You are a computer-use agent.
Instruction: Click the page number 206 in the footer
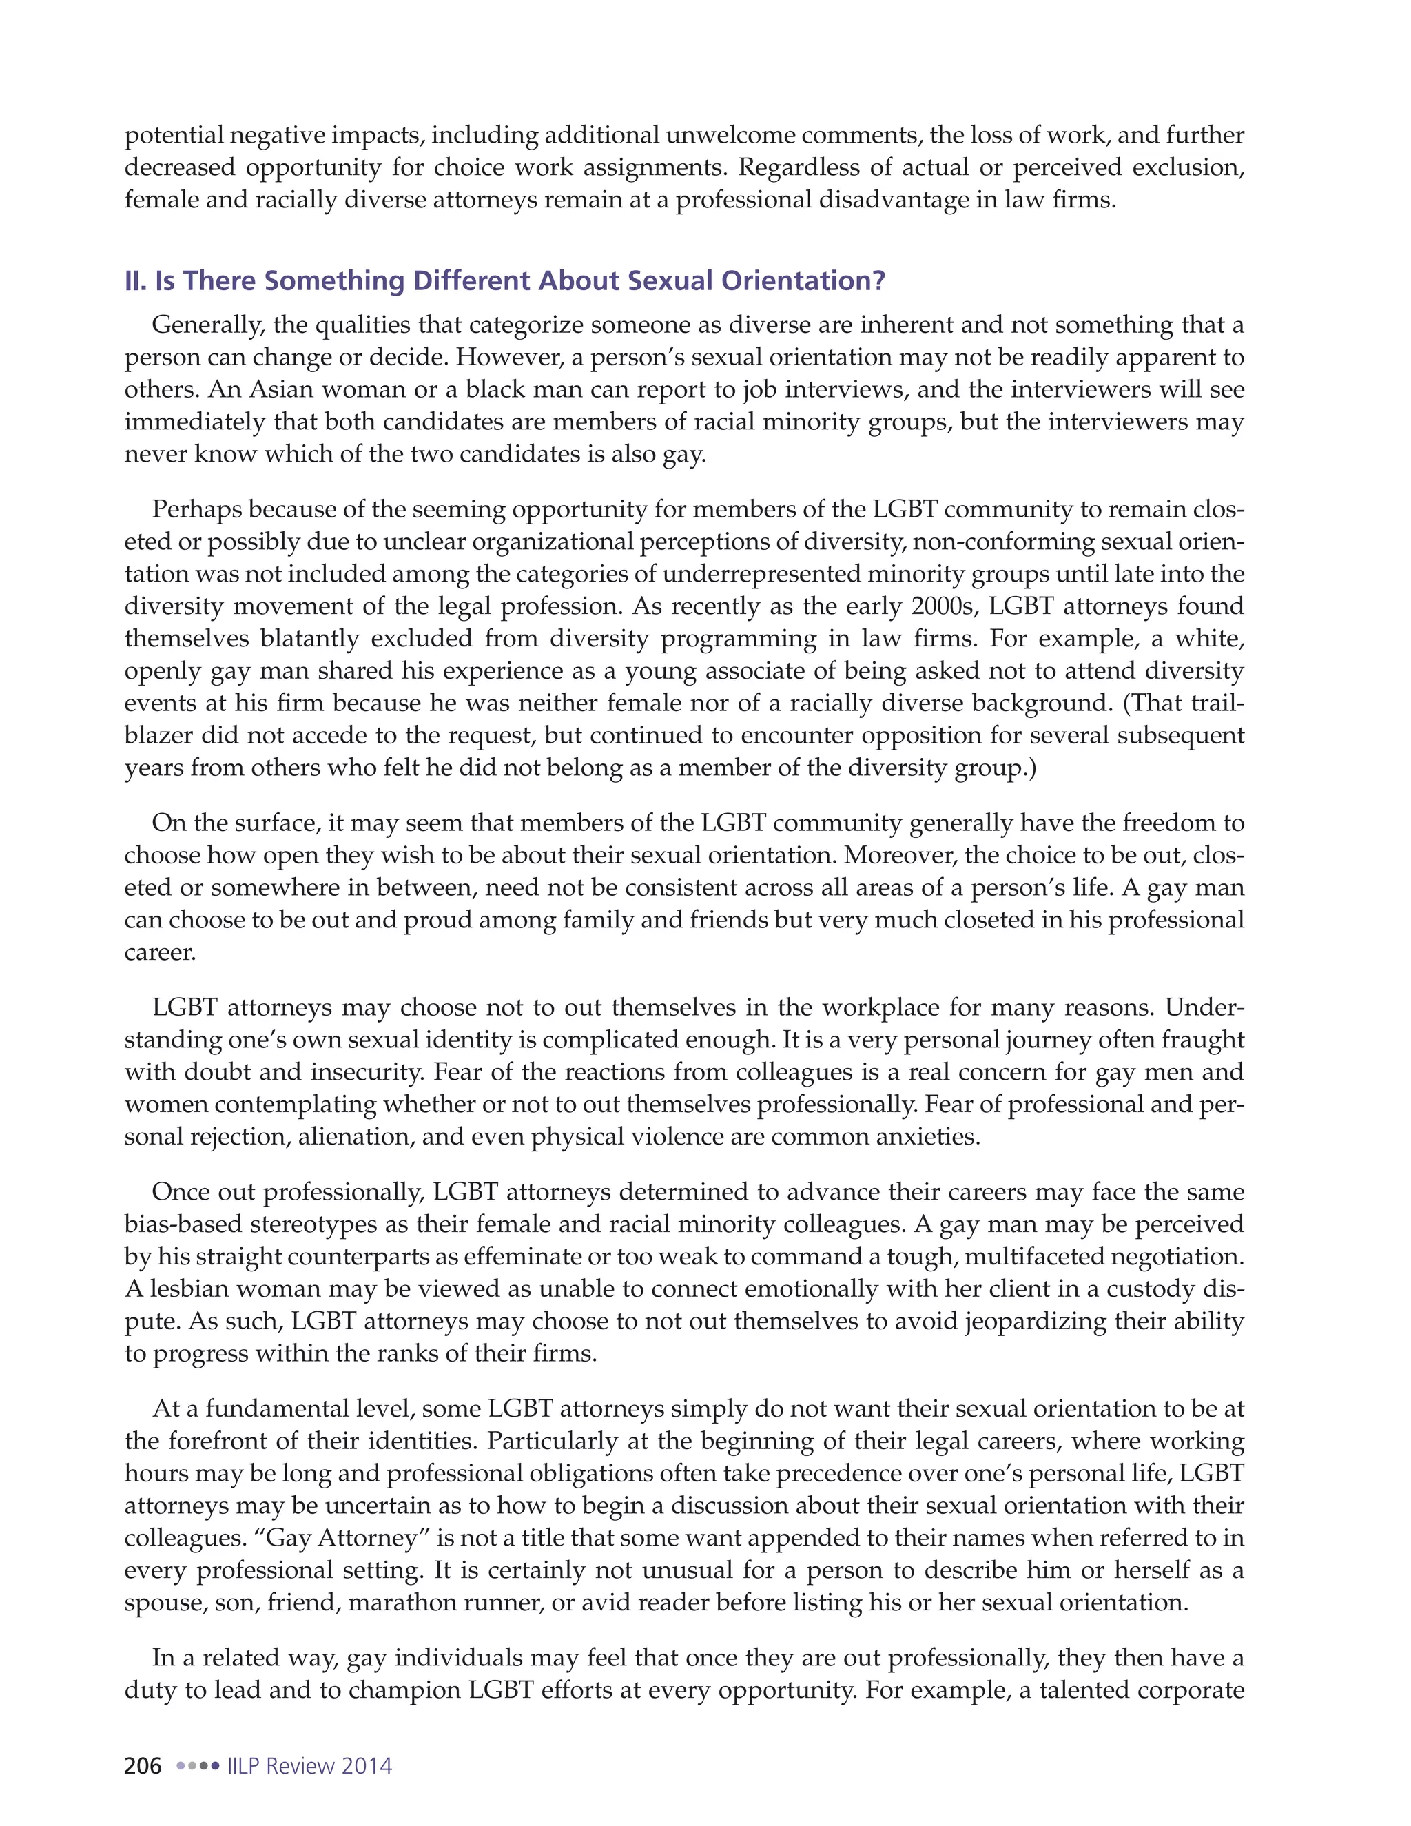tap(143, 1766)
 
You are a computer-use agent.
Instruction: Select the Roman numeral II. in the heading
tap(136, 281)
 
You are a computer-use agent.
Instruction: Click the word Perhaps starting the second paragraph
tap(196, 509)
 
